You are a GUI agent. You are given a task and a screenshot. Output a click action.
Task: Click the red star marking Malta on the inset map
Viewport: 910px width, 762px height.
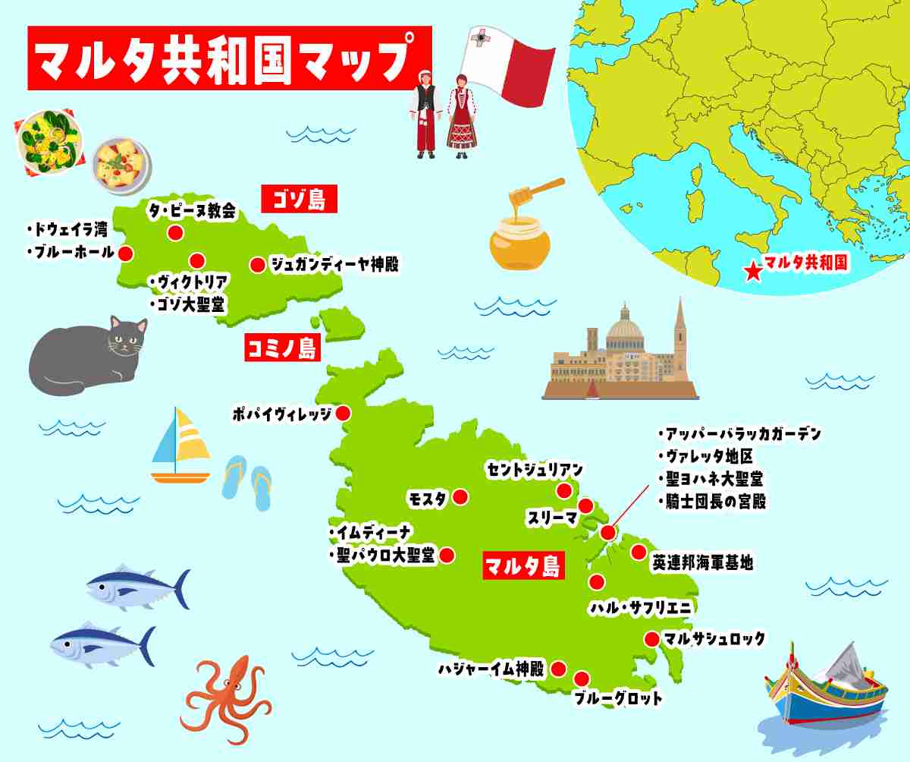(x=752, y=272)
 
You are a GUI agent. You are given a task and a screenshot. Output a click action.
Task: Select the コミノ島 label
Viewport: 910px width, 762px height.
(x=282, y=348)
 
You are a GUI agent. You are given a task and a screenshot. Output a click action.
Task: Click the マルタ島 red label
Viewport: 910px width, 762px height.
(x=523, y=565)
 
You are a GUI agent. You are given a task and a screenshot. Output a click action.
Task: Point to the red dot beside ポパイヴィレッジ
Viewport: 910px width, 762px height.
(x=343, y=414)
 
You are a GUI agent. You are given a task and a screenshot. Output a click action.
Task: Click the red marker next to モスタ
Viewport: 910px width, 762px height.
(x=460, y=498)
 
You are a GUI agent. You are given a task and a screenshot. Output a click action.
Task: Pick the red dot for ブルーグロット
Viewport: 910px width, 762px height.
(x=582, y=679)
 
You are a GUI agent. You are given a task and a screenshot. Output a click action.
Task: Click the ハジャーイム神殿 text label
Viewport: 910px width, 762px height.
(x=491, y=669)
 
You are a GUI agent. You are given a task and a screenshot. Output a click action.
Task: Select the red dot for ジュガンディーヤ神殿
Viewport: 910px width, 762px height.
(x=257, y=265)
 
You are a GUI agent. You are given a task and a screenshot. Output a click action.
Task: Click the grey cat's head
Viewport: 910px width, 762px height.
(x=126, y=338)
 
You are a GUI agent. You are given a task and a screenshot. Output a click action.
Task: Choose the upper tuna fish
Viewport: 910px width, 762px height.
(x=136, y=587)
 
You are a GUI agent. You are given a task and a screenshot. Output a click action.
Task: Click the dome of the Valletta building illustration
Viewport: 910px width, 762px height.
(x=625, y=327)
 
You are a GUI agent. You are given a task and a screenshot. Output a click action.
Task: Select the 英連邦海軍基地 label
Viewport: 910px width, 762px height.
(x=702, y=563)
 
